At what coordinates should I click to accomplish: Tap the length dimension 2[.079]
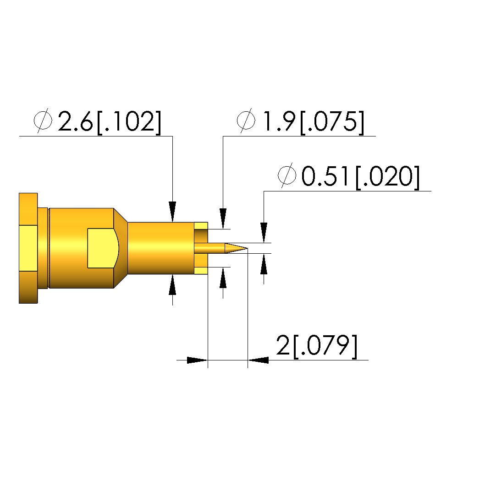[x=317, y=346]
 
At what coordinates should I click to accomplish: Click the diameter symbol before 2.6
[x=43, y=120]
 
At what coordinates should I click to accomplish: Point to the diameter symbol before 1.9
[x=246, y=120]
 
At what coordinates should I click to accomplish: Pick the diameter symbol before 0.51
[x=287, y=175]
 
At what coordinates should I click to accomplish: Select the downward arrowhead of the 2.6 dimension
[x=172, y=212]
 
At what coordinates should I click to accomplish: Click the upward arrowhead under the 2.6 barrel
[x=172, y=284]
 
